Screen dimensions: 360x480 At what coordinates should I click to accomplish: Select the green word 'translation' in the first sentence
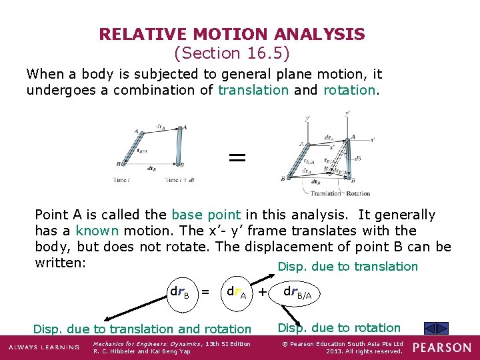pyautogui.click(x=253, y=90)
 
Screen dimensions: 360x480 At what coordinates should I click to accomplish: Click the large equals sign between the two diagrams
pyautogui.click(x=237, y=157)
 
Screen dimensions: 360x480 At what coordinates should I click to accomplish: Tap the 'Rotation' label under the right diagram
pyautogui.click(x=355, y=193)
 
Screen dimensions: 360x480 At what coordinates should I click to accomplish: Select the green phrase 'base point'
pyautogui.click(x=206, y=215)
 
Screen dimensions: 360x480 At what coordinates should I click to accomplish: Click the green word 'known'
pyautogui.click(x=97, y=231)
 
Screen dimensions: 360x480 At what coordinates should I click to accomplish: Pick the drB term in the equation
pyautogui.click(x=180, y=292)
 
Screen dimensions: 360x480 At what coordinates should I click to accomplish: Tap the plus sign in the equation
pyautogui.click(x=263, y=291)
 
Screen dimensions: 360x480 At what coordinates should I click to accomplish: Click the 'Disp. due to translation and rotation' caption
pyautogui.click(x=142, y=329)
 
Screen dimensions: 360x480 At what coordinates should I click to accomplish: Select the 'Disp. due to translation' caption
pyautogui.click(x=347, y=267)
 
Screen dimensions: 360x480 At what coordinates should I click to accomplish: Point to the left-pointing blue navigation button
pyautogui.click(x=431, y=328)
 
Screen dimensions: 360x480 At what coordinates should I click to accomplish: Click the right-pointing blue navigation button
pyautogui.click(x=443, y=328)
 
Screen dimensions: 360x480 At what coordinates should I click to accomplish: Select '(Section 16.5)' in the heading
pyautogui.click(x=231, y=53)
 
